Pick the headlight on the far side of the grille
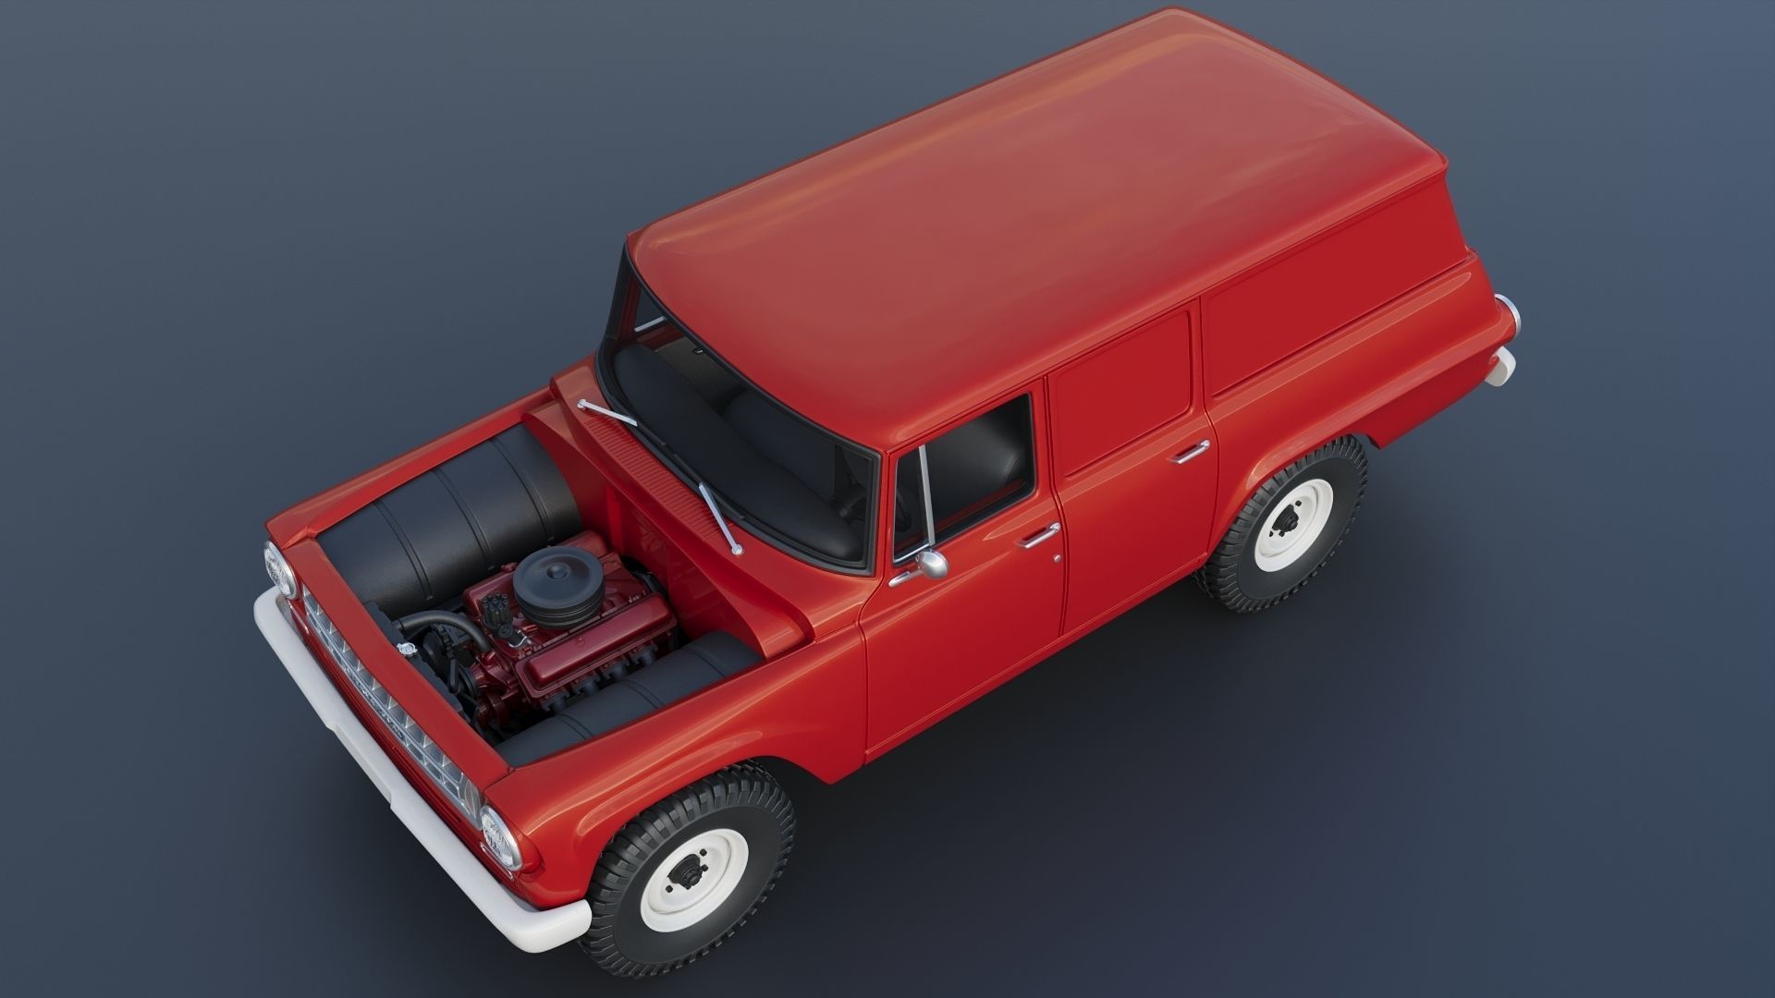279,568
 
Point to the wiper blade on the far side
606,411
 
